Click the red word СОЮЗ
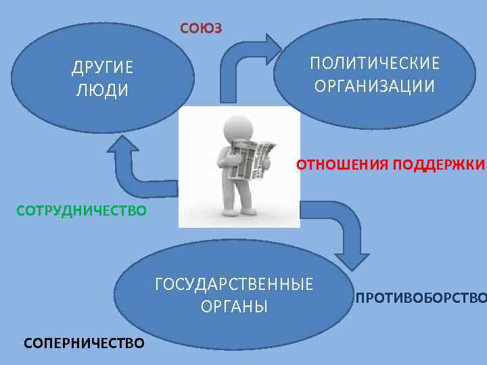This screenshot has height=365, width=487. pos(201,28)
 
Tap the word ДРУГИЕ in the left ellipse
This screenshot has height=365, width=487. pos(103,68)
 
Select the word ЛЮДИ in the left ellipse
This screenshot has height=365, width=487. pos(102,91)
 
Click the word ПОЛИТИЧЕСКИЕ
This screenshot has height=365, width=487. pos(375,64)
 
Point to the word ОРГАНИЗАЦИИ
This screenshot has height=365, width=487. pos(375,87)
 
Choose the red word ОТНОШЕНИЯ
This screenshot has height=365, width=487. pos(342,164)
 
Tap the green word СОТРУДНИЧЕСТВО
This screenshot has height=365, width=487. pos(80,211)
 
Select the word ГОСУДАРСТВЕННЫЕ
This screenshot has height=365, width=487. pos(234,284)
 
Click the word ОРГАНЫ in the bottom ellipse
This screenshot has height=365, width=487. pos(234,306)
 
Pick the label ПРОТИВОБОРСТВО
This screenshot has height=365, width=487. pos(421,298)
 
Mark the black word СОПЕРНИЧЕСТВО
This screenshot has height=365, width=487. pos(84,343)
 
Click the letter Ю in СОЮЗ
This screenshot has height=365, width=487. pos(202,28)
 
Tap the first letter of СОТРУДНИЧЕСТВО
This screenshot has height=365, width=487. pos(20,211)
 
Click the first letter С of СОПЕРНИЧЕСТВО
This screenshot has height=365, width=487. pos(28,343)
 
